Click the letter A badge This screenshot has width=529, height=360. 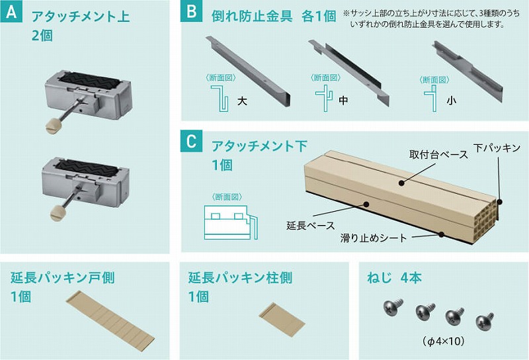[11, 11]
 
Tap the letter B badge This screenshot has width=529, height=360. [192, 11]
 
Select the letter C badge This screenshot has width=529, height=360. [192, 141]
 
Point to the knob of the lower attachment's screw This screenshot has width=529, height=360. [56, 214]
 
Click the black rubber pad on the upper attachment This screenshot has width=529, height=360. [89, 81]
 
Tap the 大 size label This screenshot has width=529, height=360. [242, 101]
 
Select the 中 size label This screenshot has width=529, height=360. [343, 100]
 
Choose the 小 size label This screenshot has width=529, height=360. [451, 100]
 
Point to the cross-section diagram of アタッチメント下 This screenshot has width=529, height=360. [231, 222]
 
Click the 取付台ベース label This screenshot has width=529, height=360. [438, 154]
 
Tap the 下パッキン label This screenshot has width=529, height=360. [497, 148]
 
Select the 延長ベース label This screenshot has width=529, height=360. [310, 225]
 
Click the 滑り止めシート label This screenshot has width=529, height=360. [374, 238]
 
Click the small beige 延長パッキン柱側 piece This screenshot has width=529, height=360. [282, 320]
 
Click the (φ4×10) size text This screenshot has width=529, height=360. [443, 341]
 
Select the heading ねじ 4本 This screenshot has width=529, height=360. [394, 277]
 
